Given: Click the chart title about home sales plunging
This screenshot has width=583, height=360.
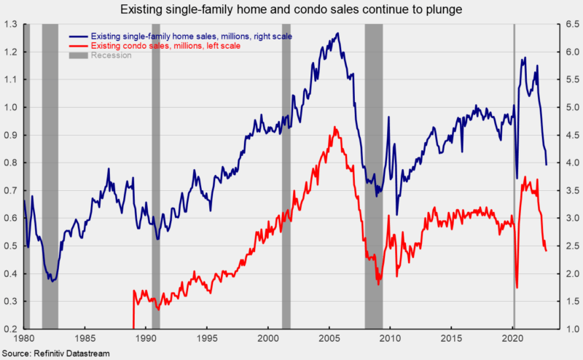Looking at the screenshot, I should tap(291, 10).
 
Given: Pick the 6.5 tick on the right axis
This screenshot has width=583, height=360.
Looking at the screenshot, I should tap(571, 24).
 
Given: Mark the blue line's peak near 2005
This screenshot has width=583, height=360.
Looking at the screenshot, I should tap(336, 33).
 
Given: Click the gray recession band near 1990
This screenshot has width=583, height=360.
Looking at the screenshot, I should tap(156, 175).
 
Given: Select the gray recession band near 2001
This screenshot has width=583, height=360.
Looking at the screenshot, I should tap(286, 175).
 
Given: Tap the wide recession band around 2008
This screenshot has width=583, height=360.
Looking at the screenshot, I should tap(373, 175).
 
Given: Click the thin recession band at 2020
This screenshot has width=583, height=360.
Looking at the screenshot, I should tap(514, 175).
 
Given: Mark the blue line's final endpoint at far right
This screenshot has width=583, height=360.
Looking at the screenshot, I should tap(547, 165).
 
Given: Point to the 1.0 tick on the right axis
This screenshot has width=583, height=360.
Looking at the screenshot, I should tap(571, 329).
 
